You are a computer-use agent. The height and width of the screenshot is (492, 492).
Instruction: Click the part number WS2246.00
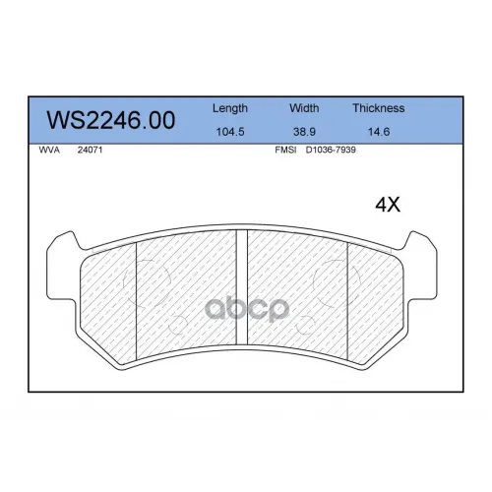tap(111, 120)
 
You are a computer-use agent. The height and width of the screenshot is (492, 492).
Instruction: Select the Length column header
tap(230, 108)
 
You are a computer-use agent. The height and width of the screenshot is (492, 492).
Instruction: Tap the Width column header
tap(304, 108)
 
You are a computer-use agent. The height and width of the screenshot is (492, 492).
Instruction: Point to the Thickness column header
tap(379, 108)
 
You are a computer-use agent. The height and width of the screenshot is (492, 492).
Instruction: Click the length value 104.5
tap(230, 132)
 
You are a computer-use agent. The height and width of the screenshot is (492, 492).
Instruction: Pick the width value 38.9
tap(304, 132)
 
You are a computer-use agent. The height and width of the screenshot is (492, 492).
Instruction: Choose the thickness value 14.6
tap(379, 132)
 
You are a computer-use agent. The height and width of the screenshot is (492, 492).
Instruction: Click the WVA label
tap(49, 150)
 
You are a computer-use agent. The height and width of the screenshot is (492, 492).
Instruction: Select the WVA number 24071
tap(90, 150)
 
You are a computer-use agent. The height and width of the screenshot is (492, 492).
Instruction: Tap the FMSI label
tap(285, 150)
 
